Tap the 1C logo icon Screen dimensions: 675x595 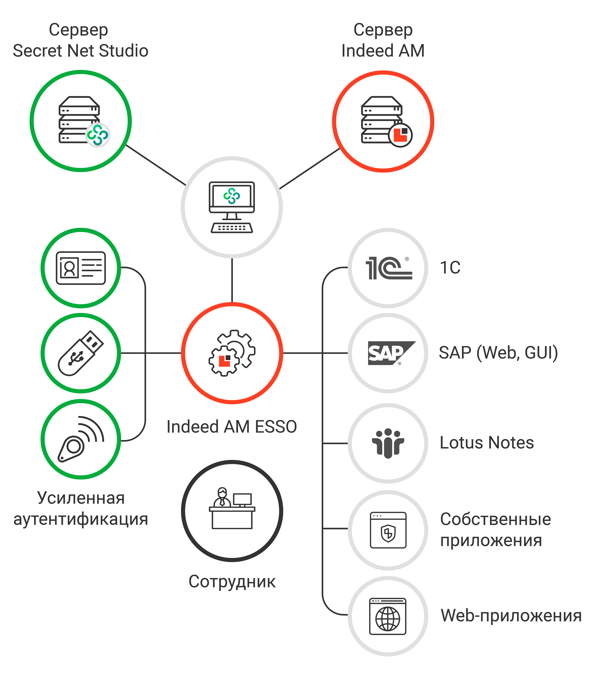coord(388,268)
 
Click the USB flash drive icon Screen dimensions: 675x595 coord(81,353)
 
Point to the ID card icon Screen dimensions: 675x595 coord(81,268)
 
